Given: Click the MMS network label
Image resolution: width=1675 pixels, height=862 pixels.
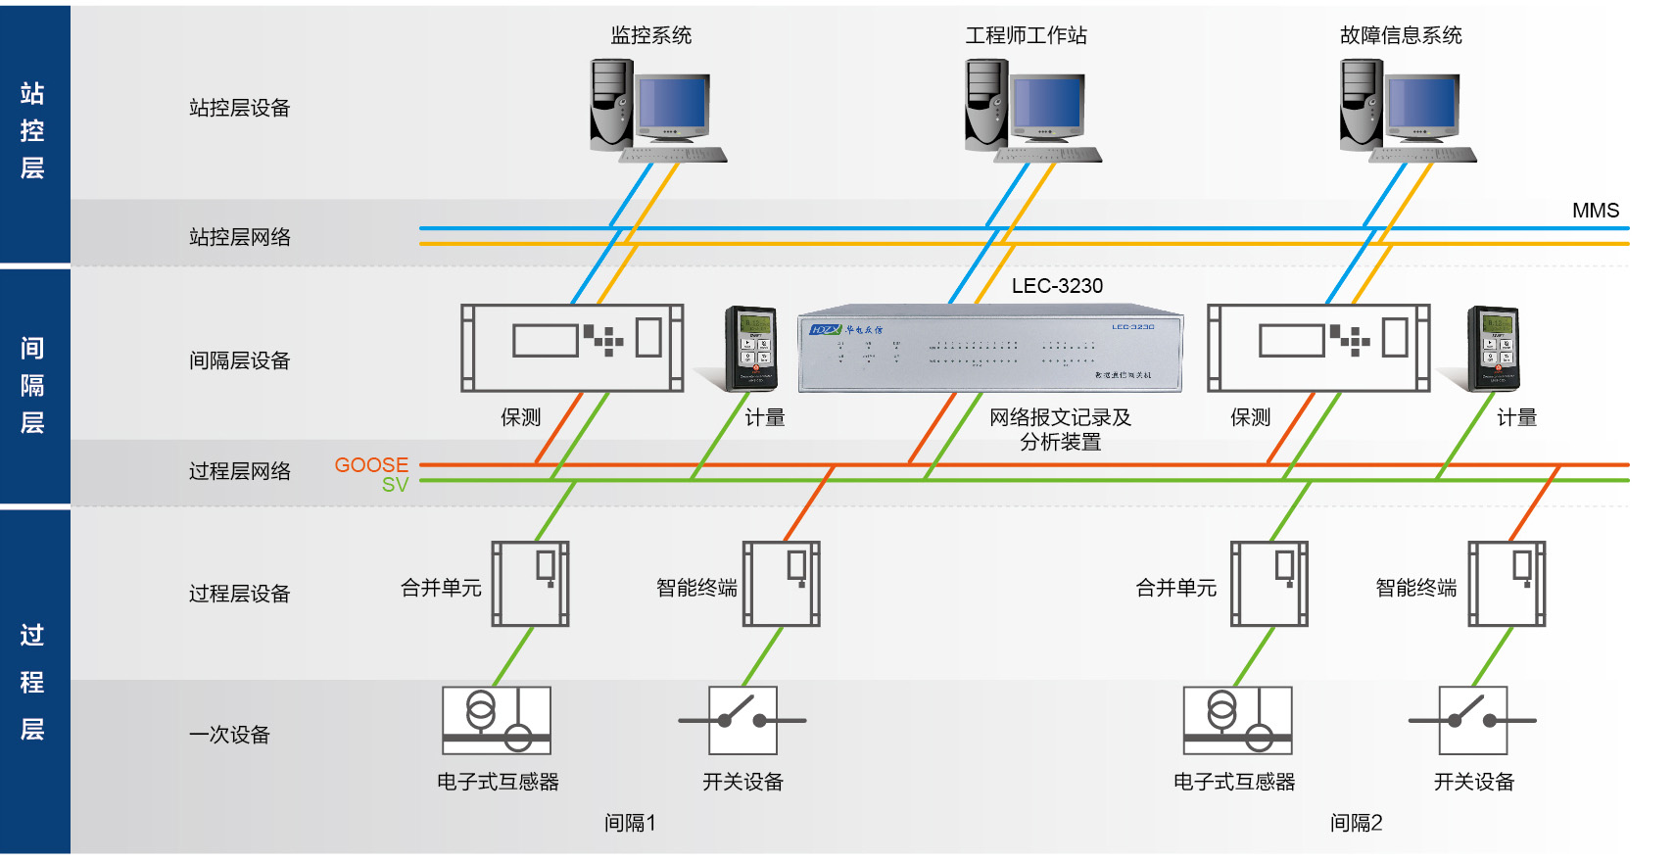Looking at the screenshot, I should point(1595,211).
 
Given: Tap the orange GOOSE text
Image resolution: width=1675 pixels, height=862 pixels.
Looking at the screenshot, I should point(371,464).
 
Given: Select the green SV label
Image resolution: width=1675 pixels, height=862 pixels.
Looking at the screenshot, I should point(395,485).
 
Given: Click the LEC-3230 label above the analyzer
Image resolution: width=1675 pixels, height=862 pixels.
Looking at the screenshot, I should point(1057,286).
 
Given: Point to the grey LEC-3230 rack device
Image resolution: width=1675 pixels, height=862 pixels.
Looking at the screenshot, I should point(990,350).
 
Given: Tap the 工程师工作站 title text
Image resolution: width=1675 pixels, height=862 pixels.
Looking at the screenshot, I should point(1026,35).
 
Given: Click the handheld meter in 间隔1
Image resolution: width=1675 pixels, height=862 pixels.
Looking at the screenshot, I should point(751,348).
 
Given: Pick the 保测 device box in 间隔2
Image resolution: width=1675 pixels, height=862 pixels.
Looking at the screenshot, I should point(1318,348).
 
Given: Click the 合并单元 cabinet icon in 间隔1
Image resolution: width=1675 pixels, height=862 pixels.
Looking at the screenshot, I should point(530,584).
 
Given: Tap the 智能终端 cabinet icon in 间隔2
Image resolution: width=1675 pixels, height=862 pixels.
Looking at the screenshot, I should point(1507,584).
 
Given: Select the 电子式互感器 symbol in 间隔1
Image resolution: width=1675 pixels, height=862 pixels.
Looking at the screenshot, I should point(497,720).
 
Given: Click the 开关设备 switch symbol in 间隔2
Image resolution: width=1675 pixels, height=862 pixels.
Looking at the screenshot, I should point(1472,720).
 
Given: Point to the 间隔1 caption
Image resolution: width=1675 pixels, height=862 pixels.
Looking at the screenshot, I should point(630,823).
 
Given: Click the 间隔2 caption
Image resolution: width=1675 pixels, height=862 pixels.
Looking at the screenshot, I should point(1356,823).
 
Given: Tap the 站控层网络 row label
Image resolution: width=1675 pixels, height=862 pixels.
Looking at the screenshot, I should point(240,237).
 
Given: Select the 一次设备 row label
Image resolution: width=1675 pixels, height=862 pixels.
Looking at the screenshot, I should point(229,735).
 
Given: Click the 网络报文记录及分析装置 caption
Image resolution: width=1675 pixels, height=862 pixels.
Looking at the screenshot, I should point(1060,429).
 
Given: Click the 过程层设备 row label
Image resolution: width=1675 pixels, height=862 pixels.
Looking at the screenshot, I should point(240,594).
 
